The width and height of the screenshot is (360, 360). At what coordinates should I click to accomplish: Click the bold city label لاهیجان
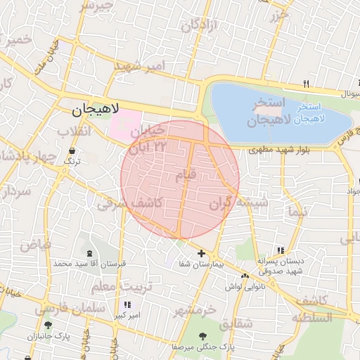click(x=97, y=110)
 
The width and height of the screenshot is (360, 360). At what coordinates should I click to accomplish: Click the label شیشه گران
click(x=238, y=204)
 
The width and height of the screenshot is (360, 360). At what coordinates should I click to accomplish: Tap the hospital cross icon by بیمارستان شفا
click(x=202, y=253)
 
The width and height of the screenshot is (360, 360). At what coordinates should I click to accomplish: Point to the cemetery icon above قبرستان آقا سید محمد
click(x=89, y=253)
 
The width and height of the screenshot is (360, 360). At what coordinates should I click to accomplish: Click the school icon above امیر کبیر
click(x=127, y=305)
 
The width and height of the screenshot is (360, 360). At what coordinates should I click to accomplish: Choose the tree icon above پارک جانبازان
click(x=48, y=325)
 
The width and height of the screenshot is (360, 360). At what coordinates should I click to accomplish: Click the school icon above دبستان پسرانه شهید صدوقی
click(x=281, y=250)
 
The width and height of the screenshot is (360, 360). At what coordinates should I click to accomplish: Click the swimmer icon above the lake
click(x=306, y=84)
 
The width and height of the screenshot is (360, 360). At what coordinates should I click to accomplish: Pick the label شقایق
click(x=236, y=324)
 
